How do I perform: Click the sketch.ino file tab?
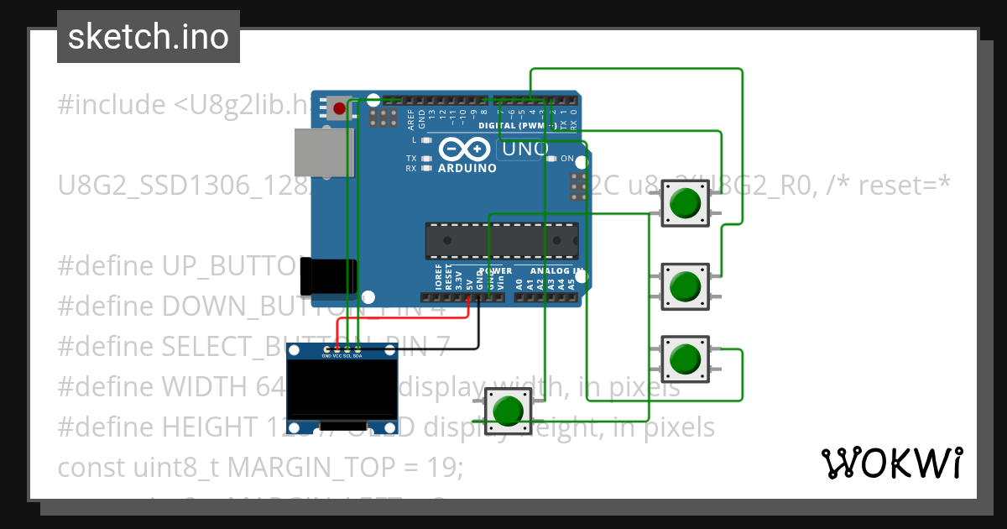[148, 37]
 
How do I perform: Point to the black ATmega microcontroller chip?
[501, 240]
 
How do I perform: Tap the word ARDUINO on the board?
[466, 168]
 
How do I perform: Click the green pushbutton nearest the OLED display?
[507, 411]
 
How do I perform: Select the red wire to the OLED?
[403, 318]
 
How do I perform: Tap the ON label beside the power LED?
[567, 159]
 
